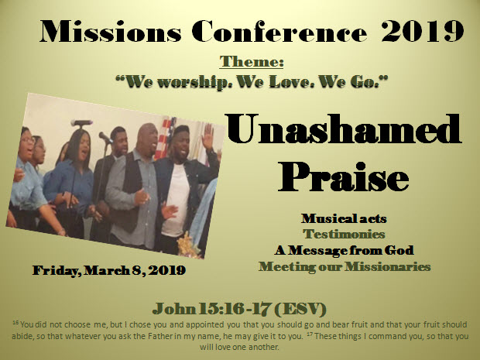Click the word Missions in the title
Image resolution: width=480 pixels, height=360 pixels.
(x=110, y=31)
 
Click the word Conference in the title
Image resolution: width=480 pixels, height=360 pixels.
(x=279, y=31)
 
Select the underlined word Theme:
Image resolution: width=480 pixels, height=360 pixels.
(x=252, y=61)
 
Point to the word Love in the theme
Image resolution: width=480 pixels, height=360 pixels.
(x=292, y=82)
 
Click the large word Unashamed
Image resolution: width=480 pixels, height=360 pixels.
(x=343, y=129)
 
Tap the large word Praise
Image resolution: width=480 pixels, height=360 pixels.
(x=344, y=177)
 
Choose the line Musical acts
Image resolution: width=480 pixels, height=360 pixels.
(x=344, y=218)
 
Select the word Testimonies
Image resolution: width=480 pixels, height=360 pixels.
(x=344, y=234)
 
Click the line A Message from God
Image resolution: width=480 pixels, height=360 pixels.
(x=344, y=250)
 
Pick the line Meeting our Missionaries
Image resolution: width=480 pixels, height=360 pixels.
(x=345, y=266)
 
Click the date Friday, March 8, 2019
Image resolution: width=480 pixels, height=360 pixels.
(x=109, y=270)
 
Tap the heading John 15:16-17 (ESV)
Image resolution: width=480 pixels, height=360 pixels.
(x=239, y=309)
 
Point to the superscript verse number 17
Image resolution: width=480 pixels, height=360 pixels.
(x=310, y=333)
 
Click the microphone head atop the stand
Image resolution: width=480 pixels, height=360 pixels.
(x=81, y=123)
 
